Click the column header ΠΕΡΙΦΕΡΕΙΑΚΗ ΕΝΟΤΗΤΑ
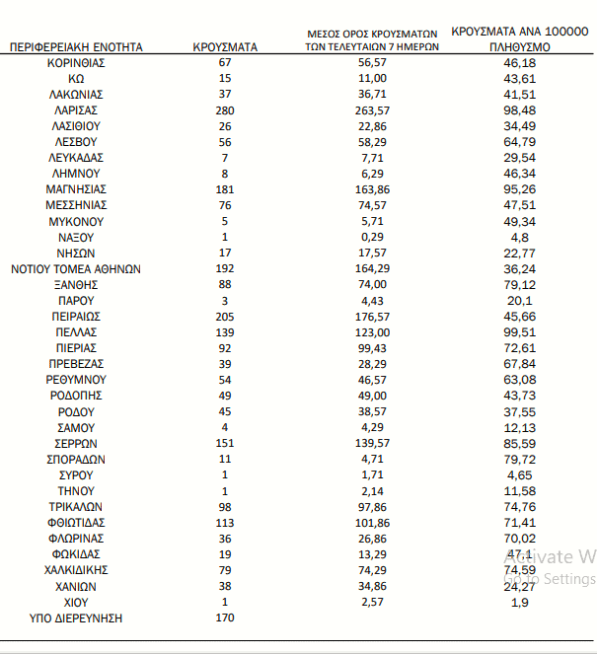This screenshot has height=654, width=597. [76, 46]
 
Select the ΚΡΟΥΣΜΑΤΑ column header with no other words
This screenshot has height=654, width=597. [225, 46]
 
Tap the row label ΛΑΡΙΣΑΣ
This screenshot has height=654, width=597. [76, 110]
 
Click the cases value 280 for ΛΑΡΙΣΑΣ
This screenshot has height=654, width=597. [225, 110]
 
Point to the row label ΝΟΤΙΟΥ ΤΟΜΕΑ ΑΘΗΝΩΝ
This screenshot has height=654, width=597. [76, 268]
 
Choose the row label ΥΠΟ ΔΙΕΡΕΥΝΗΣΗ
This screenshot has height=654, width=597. [76, 618]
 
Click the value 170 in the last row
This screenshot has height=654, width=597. [225, 618]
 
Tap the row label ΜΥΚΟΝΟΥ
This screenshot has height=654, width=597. [76, 221]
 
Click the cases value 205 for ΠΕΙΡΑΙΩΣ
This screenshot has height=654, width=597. [225, 317]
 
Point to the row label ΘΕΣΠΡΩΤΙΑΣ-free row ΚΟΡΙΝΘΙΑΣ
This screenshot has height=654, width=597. [76, 63]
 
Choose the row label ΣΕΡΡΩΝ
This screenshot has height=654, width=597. [76, 443]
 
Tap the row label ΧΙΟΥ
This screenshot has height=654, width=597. [76, 602]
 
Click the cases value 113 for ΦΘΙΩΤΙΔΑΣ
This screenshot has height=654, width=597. [225, 522]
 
